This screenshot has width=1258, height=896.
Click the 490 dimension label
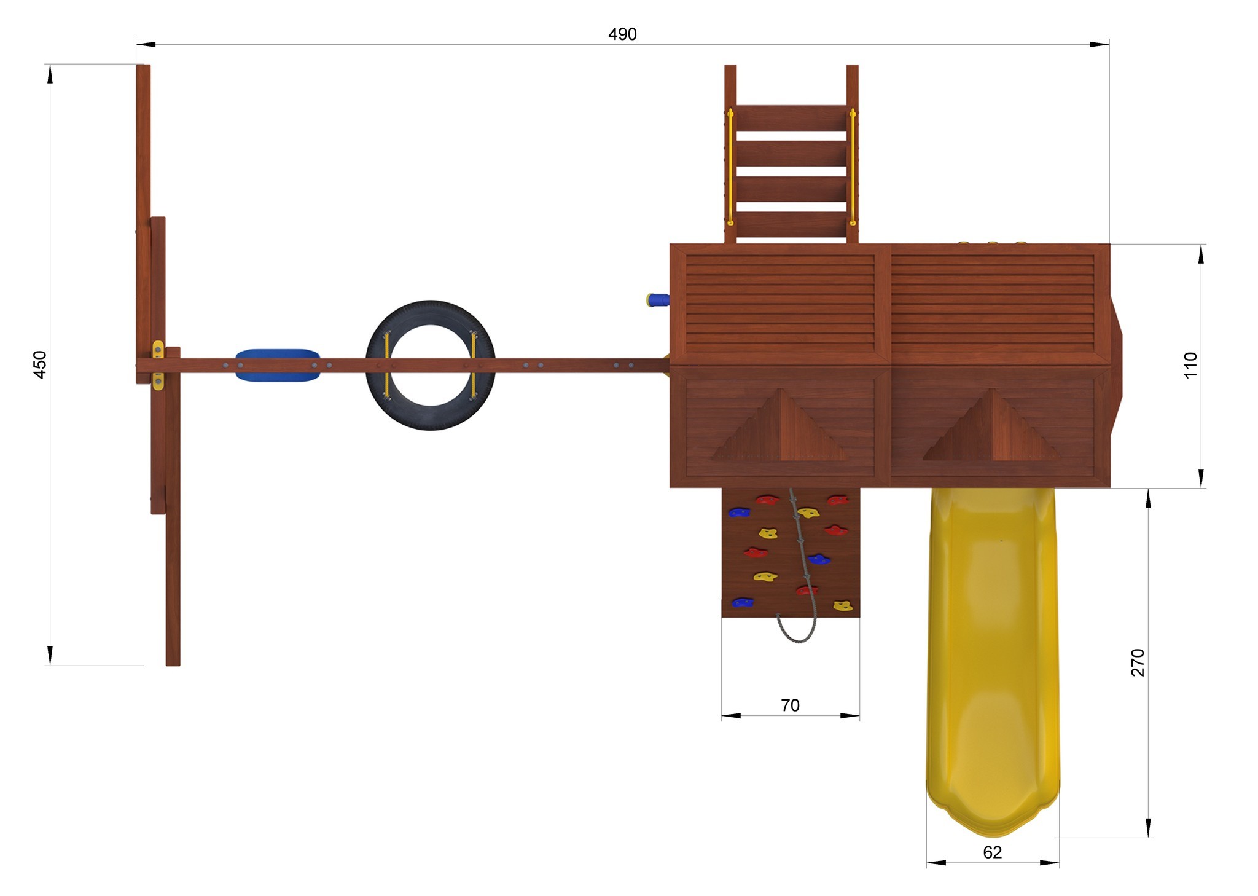coord(622,34)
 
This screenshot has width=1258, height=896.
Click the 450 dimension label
coord(39,364)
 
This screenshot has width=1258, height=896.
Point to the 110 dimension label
coord(1190,365)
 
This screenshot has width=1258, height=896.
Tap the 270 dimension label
coord(1138,662)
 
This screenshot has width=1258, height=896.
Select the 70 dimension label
coord(790,705)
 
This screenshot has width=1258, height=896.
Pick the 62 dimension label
coord(992,852)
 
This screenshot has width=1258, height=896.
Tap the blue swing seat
coord(278,365)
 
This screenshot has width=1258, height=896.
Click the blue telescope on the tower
coord(657,300)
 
